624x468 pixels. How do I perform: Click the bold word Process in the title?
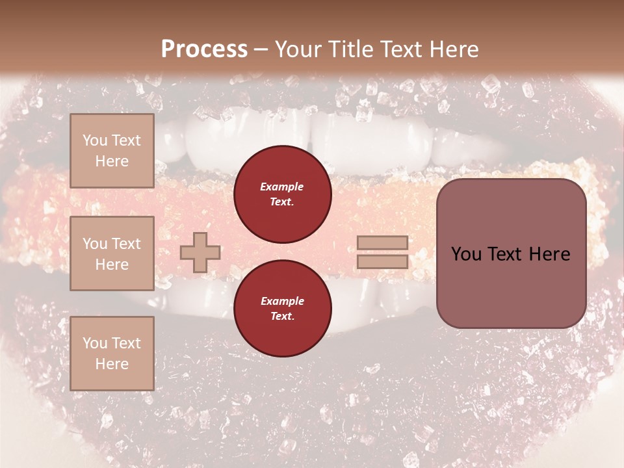(x=204, y=49)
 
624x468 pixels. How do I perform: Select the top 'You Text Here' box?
(x=112, y=151)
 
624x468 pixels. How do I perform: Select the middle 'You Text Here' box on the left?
(x=112, y=253)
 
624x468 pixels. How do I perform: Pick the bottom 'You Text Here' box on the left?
(x=112, y=353)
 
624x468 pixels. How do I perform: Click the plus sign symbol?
(x=200, y=252)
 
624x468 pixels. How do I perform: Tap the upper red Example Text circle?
(x=282, y=194)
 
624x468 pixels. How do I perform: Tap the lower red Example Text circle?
(x=282, y=309)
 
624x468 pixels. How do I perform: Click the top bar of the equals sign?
(x=383, y=243)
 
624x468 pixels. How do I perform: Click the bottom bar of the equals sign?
(x=383, y=261)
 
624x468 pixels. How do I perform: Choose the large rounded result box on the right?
(x=511, y=253)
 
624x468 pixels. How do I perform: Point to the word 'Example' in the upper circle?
(x=282, y=187)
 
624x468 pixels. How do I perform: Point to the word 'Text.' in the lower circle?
(x=282, y=317)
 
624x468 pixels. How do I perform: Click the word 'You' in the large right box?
(x=466, y=254)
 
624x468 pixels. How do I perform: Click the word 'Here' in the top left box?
(x=112, y=161)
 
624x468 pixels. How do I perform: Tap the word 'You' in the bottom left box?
(x=95, y=343)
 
